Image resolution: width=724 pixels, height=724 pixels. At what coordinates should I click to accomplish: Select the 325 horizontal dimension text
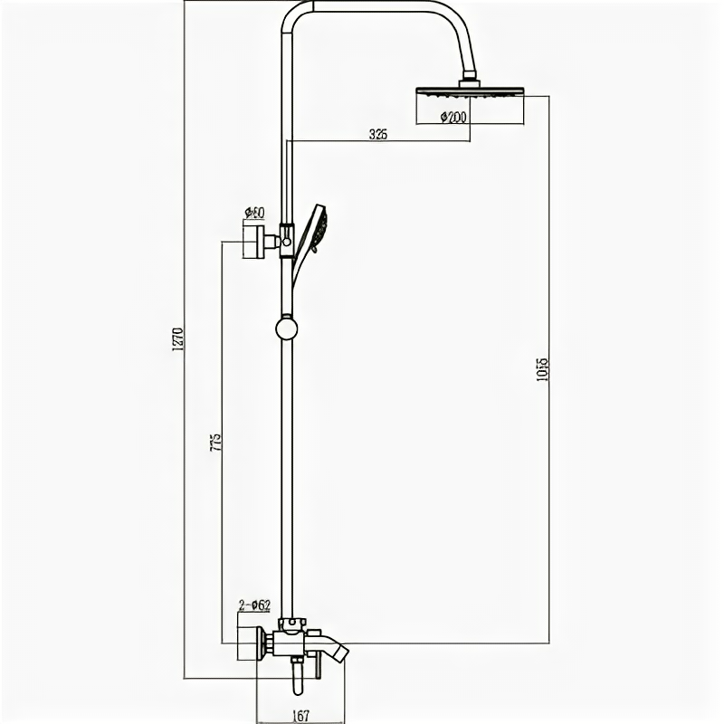tap(378, 134)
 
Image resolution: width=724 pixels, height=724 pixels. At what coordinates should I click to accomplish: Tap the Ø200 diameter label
tap(452, 117)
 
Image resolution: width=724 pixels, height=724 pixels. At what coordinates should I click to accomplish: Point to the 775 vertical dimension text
tap(216, 443)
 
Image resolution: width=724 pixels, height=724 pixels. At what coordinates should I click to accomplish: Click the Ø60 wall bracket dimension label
tap(253, 213)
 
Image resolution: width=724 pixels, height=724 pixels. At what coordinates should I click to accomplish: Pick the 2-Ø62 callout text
tap(254, 605)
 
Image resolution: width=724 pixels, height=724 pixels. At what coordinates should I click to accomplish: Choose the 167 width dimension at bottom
tap(301, 716)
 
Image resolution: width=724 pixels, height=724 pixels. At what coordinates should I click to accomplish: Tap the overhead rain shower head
tap(469, 91)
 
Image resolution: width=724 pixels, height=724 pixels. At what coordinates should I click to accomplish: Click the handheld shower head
tap(318, 227)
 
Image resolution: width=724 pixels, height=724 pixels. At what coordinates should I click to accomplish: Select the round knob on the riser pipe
tap(287, 327)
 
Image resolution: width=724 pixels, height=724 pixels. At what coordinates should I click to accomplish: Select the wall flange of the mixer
tap(248, 644)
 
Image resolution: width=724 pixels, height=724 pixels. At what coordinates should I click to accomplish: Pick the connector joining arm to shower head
tap(469, 81)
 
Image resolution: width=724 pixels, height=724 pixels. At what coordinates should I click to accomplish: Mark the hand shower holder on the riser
tap(286, 238)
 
